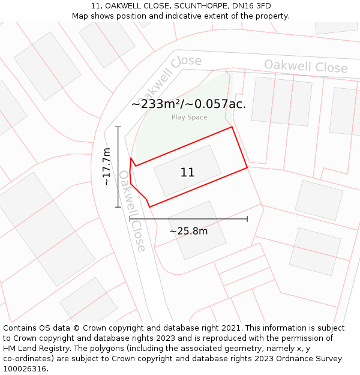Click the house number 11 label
click(187, 173)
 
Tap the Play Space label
click(189, 118)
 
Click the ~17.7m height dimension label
click(107, 166)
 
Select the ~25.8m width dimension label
click(188, 231)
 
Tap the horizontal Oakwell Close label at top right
click(305, 66)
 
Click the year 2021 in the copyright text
click(230, 328)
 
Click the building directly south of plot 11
click(196, 230)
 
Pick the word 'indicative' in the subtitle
click(200, 16)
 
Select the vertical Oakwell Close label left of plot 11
click(132, 211)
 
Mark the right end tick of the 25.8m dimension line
click(247, 219)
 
